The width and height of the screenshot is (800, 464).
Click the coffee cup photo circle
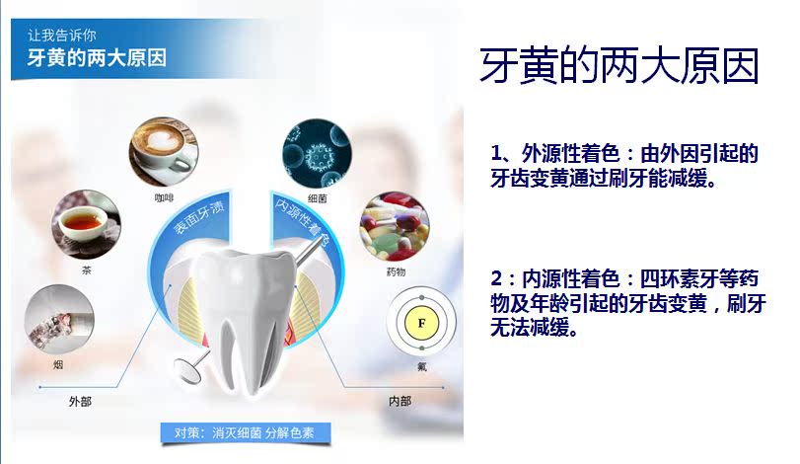(164, 152)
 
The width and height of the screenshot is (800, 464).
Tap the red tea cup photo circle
(86, 225)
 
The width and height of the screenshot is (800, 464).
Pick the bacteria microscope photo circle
(317, 153)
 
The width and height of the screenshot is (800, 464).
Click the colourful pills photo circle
(395, 226)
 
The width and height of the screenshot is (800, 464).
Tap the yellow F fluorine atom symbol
(421, 323)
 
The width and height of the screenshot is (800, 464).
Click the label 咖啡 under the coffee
(164, 197)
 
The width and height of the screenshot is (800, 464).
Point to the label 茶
(86, 271)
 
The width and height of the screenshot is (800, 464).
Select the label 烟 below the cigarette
(58, 364)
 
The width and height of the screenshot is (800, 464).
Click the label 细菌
(318, 198)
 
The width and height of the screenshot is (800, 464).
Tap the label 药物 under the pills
(396, 271)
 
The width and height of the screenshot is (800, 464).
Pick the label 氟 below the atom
(422, 366)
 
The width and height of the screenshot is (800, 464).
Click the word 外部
(80, 402)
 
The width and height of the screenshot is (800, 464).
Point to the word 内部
(400, 401)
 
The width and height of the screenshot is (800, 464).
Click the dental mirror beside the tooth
(189, 368)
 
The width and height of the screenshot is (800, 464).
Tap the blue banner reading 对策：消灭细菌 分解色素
(246, 432)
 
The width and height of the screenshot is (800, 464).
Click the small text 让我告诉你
(62, 36)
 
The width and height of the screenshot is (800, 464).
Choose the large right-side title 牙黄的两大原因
(619, 66)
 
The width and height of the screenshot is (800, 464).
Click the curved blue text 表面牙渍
(198, 217)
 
